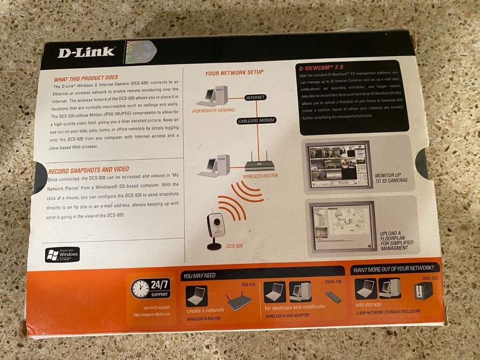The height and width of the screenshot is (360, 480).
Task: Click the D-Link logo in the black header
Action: [86, 51]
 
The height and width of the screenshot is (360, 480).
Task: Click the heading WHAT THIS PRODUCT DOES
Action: [86, 78]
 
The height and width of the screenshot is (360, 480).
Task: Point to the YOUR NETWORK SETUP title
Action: [234, 73]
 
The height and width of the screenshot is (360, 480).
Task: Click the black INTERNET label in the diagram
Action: [255, 98]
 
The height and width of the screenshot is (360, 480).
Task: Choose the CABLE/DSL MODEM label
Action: [257, 120]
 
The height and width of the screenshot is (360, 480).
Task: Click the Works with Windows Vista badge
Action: [62, 254]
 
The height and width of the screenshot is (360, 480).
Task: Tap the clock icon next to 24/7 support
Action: [140, 289]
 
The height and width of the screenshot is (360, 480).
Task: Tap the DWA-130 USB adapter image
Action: [333, 297]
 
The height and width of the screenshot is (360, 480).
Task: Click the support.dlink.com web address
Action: [152, 314]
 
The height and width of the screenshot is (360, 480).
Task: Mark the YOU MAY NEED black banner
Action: [262, 275]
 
